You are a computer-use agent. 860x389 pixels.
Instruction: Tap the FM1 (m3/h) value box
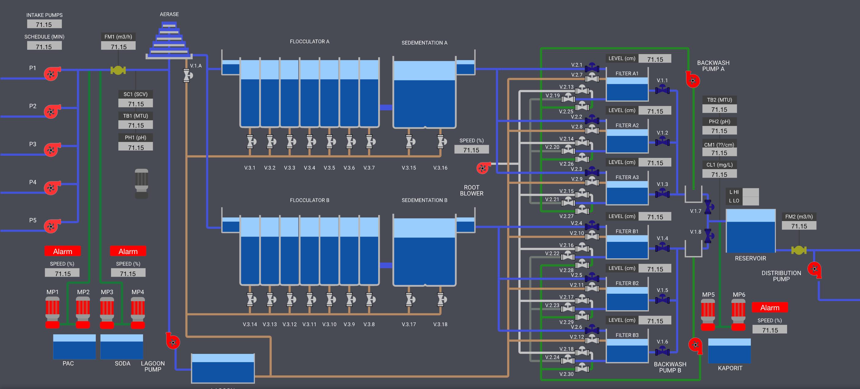pos(119,46)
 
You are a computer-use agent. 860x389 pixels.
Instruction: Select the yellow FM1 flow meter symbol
pos(118,70)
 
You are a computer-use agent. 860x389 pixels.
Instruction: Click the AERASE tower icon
pos(169,40)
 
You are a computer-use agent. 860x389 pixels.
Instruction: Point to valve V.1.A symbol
pos(187,75)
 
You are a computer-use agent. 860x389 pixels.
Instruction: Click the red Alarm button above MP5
pos(769,307)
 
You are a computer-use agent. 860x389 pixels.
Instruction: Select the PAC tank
pos(74,347)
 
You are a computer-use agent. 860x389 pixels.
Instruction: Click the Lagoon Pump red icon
pos(173,341)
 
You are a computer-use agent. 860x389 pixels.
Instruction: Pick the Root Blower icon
pos(483,168)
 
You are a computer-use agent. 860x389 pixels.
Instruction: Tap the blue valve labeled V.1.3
pos(662,194)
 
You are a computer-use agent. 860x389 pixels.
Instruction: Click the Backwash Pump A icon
pos(693,80)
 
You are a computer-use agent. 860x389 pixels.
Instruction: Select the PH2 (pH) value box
pos(719,131)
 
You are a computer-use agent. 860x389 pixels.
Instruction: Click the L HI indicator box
pos(751,192)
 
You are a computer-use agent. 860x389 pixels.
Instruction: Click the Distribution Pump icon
pos(814,269)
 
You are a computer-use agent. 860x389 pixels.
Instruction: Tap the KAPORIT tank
pos(729,351)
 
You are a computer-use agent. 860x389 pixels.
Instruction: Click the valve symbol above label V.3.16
pos(441,142)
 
